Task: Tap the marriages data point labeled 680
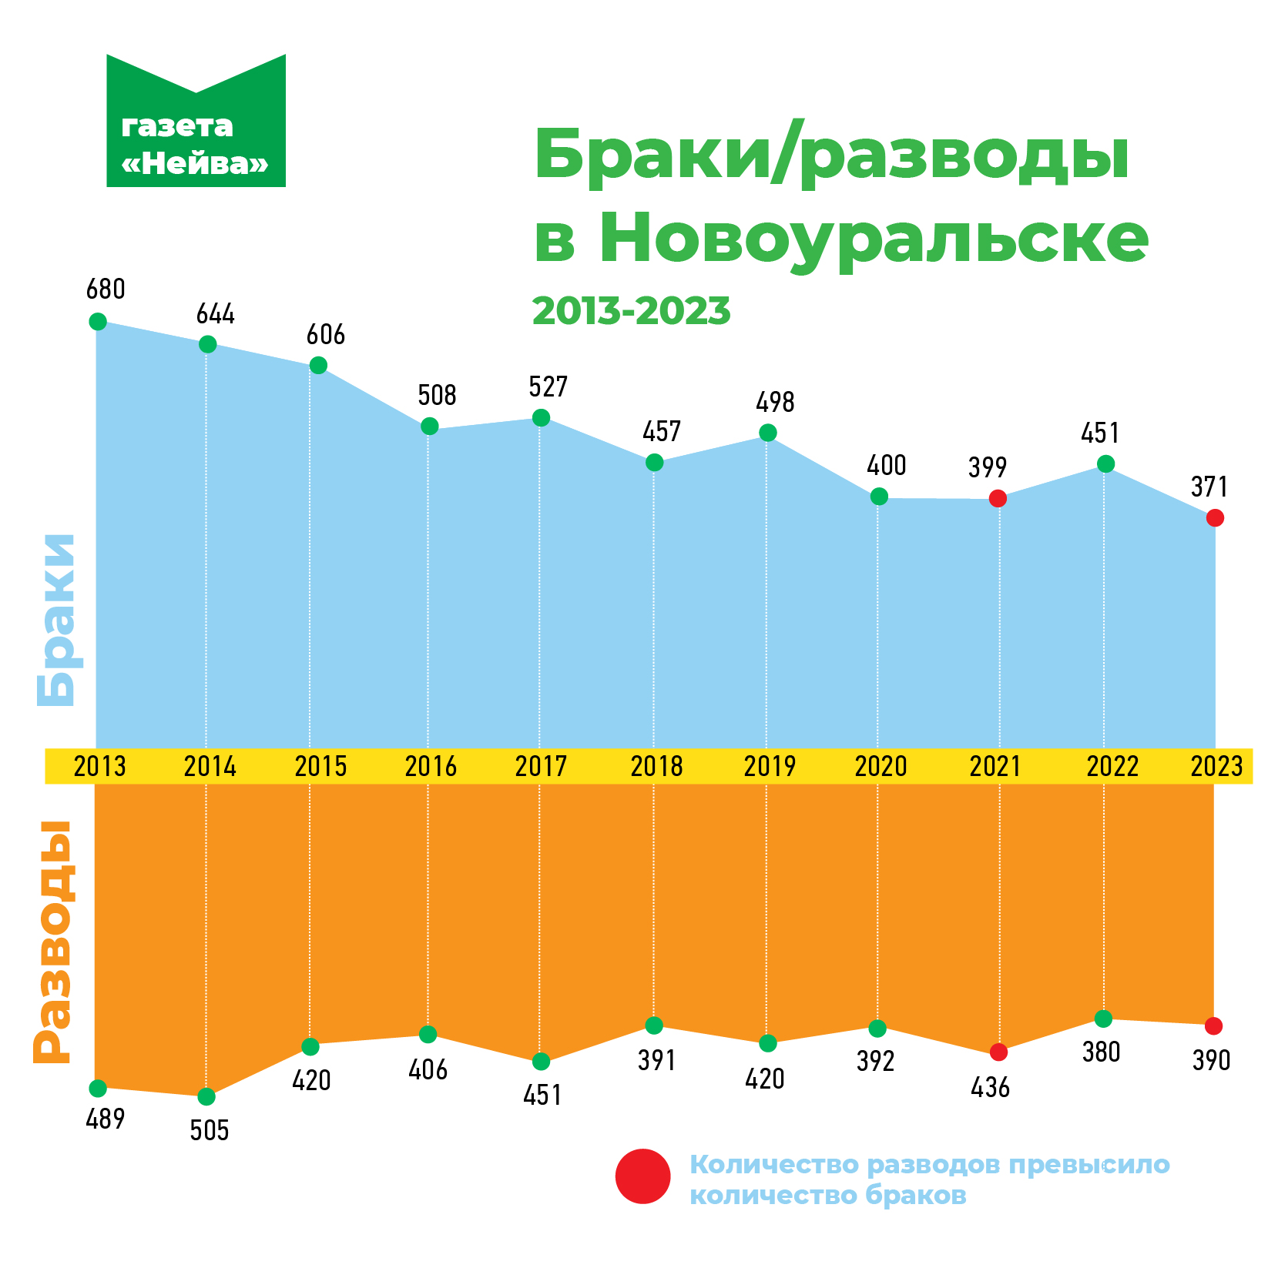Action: [x=98, y=321]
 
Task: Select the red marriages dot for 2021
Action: [x=998, y=498]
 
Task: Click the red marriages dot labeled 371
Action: [x=1215, y=518]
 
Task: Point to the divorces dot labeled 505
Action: [x=206, y=1096]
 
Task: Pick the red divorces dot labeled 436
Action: [x=998, y=1052]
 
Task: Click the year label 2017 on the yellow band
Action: [x=541, y=767]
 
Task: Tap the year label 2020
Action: [x=881, y=767]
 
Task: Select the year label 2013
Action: [x=100, y=767]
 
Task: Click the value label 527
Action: [x=548, y=386]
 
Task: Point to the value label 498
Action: [x=775, y=402]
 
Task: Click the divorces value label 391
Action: [x=656, y=1061]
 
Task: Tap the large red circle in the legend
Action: [x=643, y=1176]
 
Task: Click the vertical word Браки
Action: [x=56, y=620]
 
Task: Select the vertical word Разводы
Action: [x=54, y=942]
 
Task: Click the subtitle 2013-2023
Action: [x=631, y=311]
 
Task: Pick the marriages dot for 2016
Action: [x=430, y=426]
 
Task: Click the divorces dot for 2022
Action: [x=1103, y=1019]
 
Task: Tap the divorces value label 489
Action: [x=106, y=1119]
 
